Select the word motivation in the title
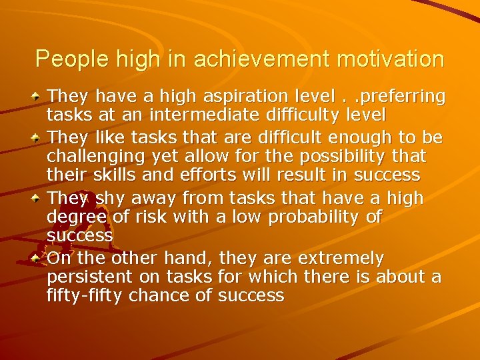coord(391,59)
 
